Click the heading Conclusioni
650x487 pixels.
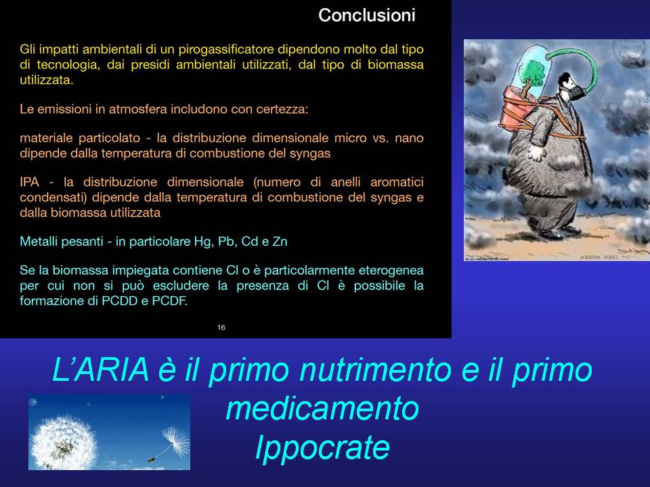(367, 16)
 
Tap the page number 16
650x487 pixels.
(221, 327)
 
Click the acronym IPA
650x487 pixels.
(29, 182)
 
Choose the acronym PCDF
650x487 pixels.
(169, 301)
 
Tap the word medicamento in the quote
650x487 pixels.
(322, 409)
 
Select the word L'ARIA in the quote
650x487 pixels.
(101, 369)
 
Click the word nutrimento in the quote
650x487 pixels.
(376, 370)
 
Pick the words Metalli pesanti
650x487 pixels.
(62, 241)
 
